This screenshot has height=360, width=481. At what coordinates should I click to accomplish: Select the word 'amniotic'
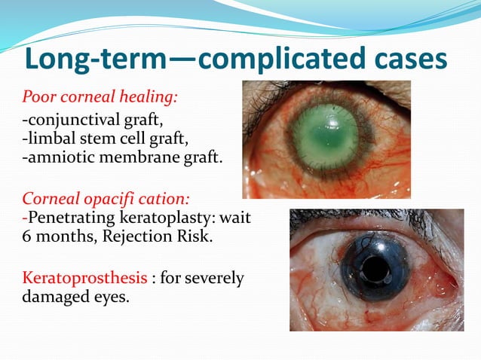[57, 158]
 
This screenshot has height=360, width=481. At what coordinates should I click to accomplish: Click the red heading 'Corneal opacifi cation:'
[105, 200]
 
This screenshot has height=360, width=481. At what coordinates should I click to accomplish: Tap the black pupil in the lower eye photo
[375, 267]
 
